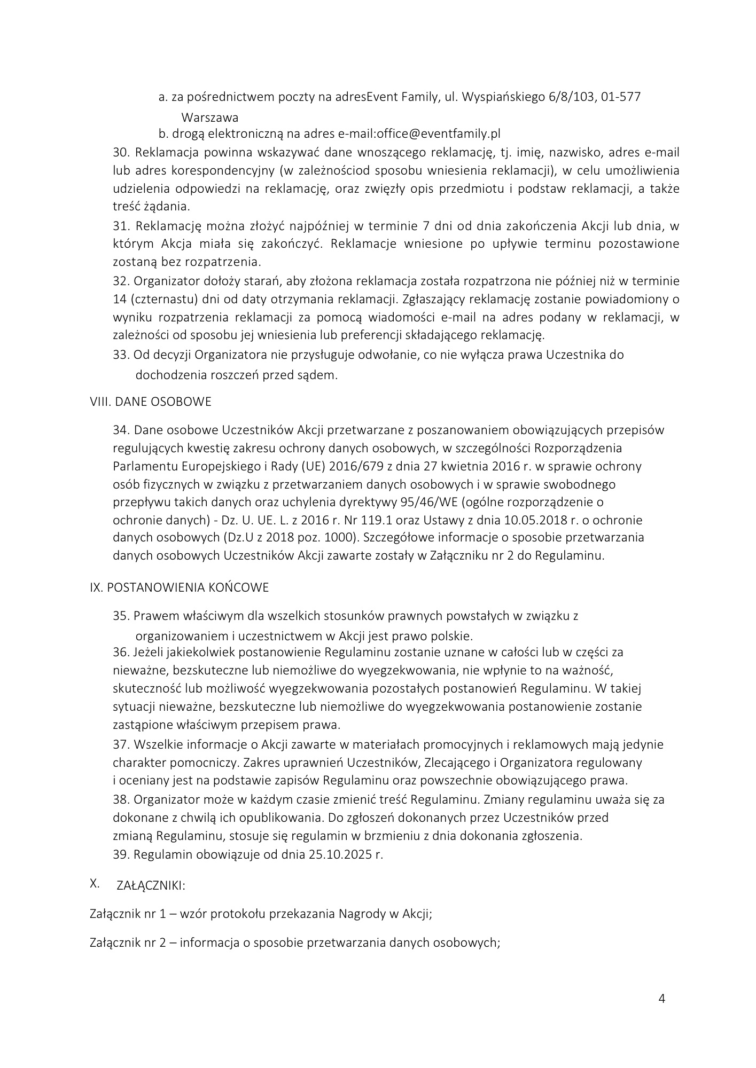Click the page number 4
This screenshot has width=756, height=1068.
[x=662, y=999]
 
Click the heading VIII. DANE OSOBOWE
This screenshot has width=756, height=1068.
[x=151, y=402]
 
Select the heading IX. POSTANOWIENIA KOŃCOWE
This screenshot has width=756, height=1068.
[x=179, y=587]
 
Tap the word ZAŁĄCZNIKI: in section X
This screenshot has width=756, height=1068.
[x=151, y=885]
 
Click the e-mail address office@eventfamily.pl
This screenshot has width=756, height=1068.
[x=439, y=133]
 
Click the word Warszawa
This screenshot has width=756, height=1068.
[x=210, y=117]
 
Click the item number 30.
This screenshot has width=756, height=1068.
[x=122, y=153]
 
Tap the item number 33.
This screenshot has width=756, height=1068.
[x=122, y=355]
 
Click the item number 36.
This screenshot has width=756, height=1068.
[x=122, y=653]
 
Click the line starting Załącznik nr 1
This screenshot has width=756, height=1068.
[x=261, y=914]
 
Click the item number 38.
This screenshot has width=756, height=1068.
[x=122, y=800]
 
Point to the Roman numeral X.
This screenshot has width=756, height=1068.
[x=95, y=884]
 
